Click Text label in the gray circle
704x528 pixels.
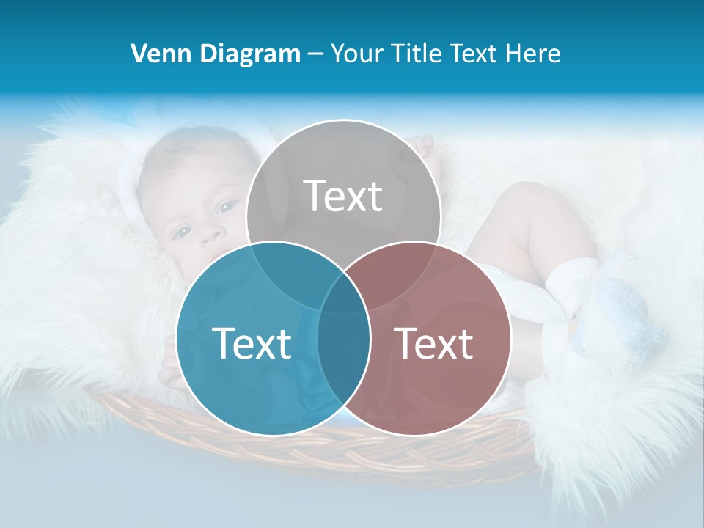point(343,196)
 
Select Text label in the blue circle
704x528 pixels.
point(252,343)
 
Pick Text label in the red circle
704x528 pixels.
point(434,343)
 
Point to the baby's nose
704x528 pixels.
point(211,233)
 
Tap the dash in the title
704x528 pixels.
point(315,54)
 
